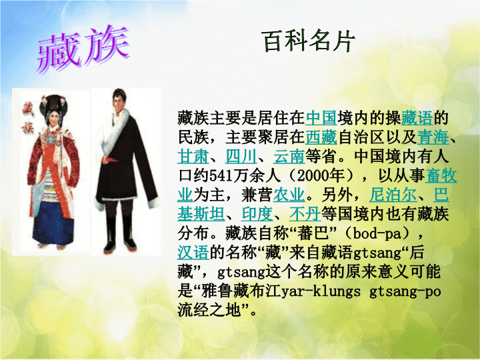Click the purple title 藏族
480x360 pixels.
coord(83,49)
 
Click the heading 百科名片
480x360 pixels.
coord(309,41)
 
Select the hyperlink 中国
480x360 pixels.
coord(321,118)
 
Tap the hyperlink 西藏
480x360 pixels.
coord(321,137)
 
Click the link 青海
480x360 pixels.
coord(433,137)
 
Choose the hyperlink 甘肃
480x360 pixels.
coord(193,157)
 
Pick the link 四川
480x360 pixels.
coord(241,157)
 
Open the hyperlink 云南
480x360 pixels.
coord(289,157)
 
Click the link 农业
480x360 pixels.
coord(289,195)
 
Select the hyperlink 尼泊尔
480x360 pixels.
coord(393,195)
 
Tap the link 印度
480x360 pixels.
coord(257,214)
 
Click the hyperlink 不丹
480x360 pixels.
coord(305,214)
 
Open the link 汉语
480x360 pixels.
coord(193,253)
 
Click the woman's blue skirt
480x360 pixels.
coord(53,222)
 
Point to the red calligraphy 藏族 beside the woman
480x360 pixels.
coord(27,119)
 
